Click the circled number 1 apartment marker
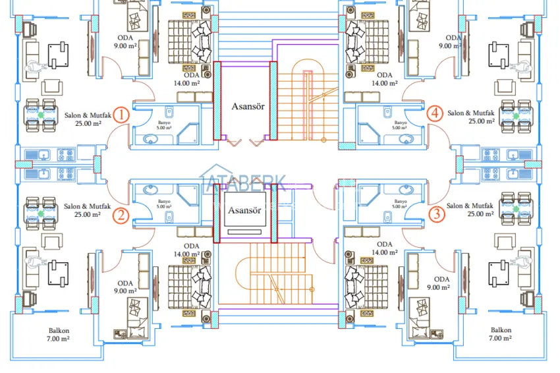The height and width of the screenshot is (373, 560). (121, 115)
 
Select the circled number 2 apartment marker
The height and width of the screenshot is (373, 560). (120, 215)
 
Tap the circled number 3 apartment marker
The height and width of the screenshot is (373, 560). (435, 214)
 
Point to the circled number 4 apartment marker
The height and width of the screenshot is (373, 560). (434, 113)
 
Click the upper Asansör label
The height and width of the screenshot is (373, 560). (248, 105)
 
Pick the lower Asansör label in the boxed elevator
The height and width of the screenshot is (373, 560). (244, 211)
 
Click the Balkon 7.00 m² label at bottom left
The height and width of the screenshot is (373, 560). (59, 334)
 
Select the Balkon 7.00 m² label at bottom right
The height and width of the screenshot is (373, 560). (501, 334)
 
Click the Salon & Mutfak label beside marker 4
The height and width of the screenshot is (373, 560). (470, 117)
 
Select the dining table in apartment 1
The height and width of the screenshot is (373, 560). (41, 114)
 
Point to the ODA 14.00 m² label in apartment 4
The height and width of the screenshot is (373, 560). (384, 79)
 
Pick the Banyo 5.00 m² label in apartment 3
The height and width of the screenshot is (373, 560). (398, 203)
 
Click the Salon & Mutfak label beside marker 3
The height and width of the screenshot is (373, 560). (470, 210)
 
